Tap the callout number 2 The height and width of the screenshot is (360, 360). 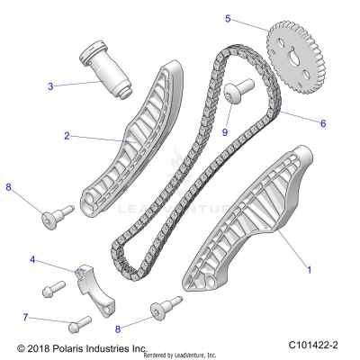coord(67,136)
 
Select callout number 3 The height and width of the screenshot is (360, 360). coord(50,86)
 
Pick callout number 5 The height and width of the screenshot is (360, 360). coord(228,18)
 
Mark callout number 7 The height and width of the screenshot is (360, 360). coord(25,317)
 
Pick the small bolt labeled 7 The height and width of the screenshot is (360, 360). coord(79,321)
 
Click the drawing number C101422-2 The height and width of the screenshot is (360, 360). coord(322,346)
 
